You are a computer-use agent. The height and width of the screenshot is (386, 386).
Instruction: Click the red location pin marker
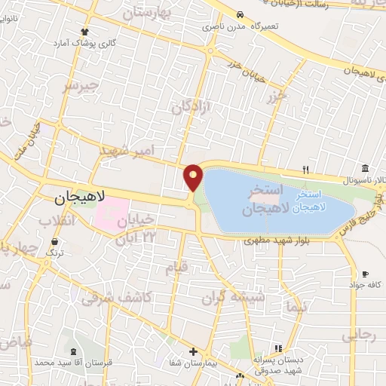(194, 178)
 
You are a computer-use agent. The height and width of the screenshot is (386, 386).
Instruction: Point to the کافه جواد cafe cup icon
(365, 274)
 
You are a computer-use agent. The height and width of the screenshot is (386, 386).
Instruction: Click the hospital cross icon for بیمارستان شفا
(194, 351)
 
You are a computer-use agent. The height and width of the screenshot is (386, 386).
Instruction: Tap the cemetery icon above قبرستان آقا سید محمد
(73, 352)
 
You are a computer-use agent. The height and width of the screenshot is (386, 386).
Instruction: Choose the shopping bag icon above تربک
(55, 242)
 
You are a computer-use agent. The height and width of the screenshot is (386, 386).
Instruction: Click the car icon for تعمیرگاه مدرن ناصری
(239, 14)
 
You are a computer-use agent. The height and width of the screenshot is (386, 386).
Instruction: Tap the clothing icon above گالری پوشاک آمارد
(84, 32)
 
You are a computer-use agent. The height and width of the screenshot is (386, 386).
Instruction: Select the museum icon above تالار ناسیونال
(365, 167)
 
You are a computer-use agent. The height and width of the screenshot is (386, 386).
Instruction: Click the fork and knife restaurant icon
(305, 168)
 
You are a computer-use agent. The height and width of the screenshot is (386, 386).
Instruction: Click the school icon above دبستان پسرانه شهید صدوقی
(278, 348)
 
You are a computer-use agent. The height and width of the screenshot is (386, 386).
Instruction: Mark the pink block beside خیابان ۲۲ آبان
(110, 216)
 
